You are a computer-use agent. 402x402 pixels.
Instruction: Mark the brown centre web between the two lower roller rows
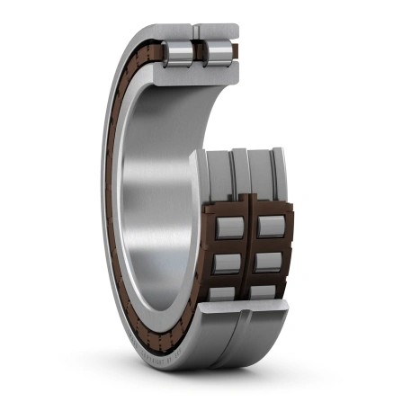(251, 256)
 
